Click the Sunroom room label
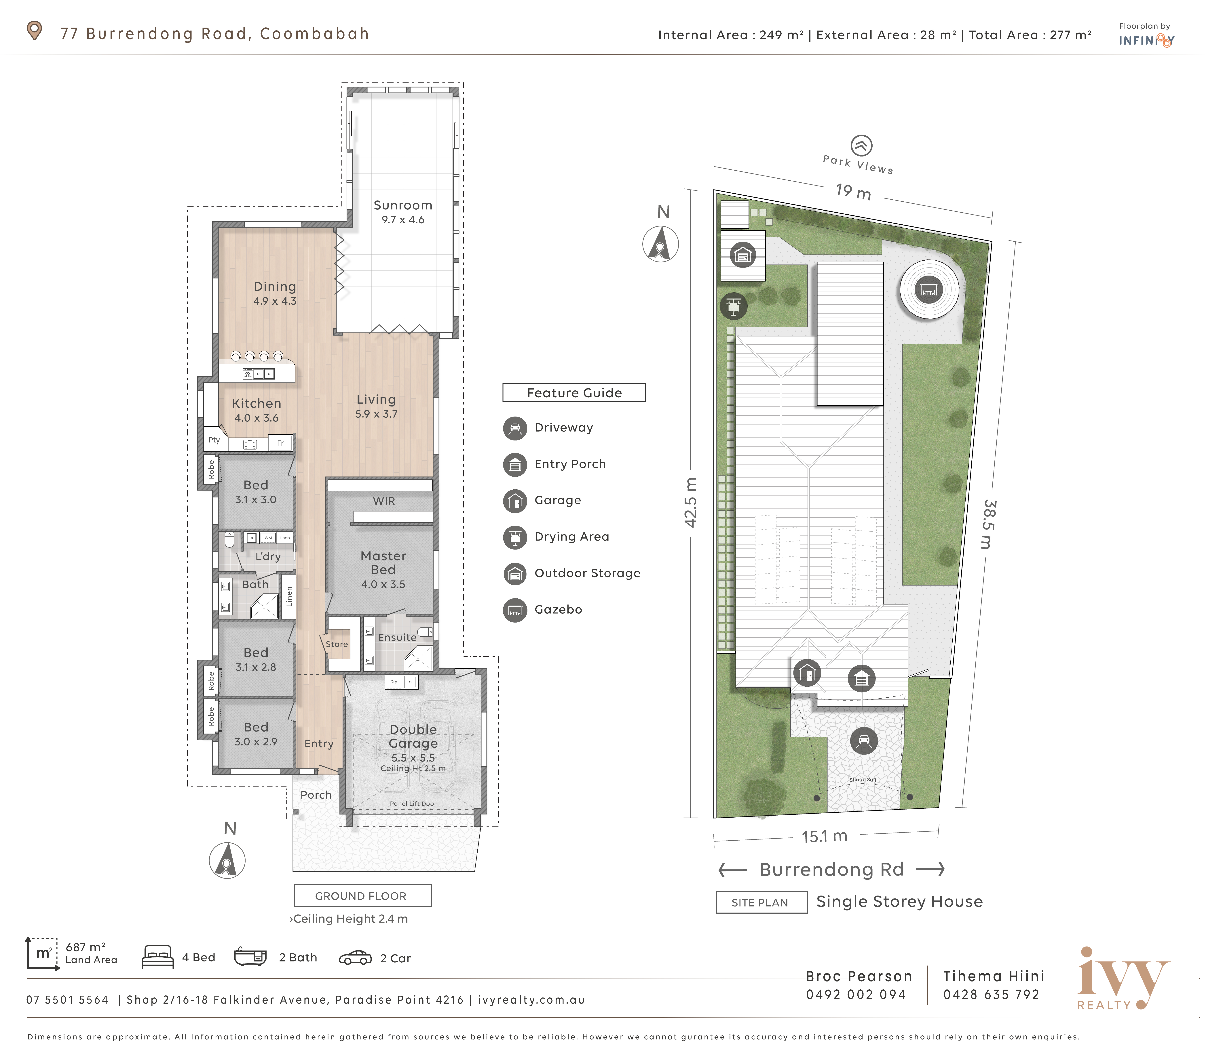(x=403, y=205)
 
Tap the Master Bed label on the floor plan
(x=383, y=563)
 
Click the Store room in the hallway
(x=337, y=644)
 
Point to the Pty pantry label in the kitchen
(x=214, y=440)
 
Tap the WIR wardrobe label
(x=384, y=501)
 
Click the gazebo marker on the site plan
(x=929, y=290)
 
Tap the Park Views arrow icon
(x=861, y=145)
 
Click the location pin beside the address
(x=35, y=31)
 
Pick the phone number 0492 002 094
(x=856, y=995)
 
